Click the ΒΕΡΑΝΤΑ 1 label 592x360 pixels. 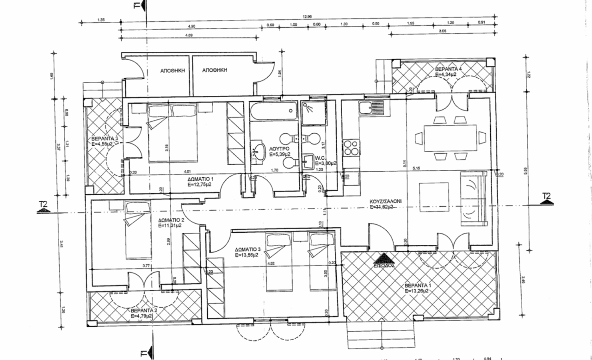(x=417, y=285)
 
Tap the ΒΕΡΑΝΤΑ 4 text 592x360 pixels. (x=448, y=68)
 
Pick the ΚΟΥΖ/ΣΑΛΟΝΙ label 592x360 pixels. (x=385, y=202)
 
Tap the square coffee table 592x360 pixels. (x=434, y=197)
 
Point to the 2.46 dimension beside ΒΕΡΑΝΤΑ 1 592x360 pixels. (x=522, y=279)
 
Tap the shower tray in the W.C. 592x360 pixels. (x=312, y=114)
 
